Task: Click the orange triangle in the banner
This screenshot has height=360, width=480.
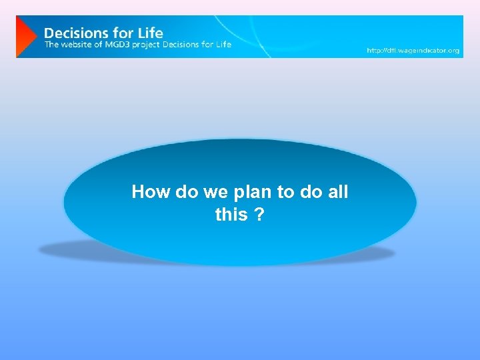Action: pos(25,37)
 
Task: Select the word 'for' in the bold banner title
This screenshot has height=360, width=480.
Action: pos(122,32)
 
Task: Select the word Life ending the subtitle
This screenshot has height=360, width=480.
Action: pos(223,45)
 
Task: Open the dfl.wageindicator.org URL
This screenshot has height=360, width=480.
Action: pos(413,51)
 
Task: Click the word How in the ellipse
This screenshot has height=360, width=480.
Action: pos(150,192)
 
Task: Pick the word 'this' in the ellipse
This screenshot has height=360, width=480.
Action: pos(231,215)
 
